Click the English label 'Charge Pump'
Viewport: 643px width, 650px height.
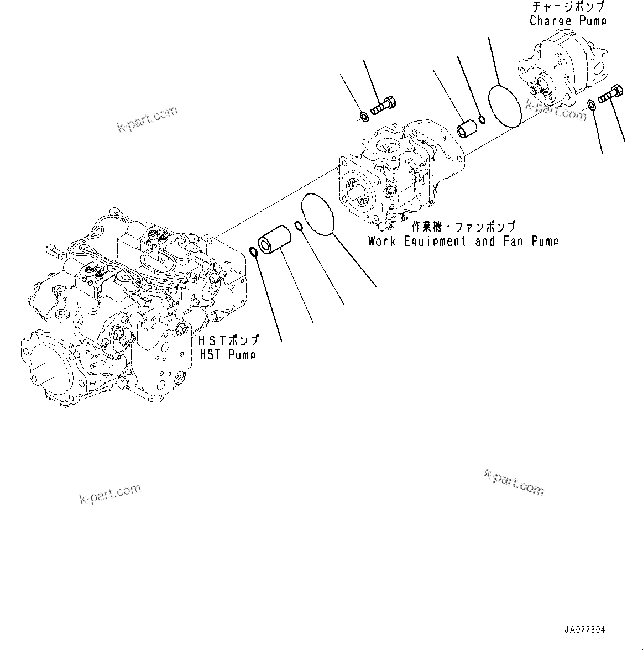point(567,21)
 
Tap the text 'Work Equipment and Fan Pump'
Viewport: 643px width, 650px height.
point(463,242)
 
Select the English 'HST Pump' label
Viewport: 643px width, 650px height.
point(227,354)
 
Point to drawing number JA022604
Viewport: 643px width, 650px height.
point(584,630)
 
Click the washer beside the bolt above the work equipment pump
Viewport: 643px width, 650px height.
point(364,117)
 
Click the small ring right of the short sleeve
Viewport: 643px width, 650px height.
point(482,120)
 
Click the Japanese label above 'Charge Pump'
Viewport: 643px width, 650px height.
point(568,7)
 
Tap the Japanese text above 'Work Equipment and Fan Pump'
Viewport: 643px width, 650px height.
point(463,227)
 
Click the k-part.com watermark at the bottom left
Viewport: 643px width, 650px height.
point(110,494)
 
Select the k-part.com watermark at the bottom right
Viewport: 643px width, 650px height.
point(514,482)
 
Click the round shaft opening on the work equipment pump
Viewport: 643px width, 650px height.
point(359,195)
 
